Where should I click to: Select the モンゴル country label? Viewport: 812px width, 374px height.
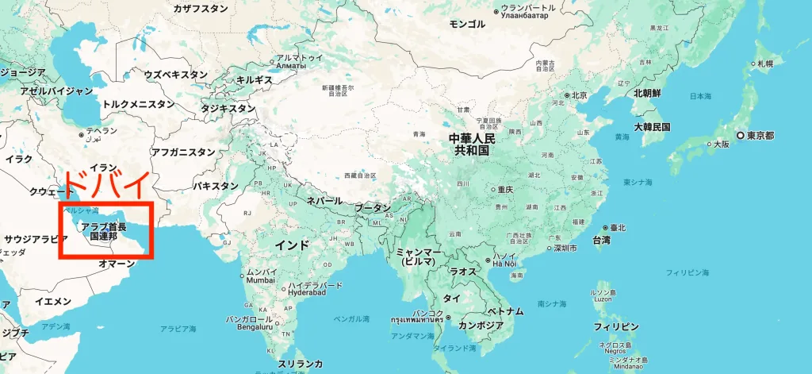[467, 24]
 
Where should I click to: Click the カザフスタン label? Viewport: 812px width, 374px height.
[201, 8]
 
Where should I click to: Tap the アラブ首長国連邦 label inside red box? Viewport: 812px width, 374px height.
[103, 231]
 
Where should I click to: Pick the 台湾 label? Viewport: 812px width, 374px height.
[601, 240]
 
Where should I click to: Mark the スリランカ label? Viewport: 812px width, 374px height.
[301, 363]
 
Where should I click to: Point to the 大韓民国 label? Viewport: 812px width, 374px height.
[652, 127]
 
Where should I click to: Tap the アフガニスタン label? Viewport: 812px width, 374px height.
[182, 152]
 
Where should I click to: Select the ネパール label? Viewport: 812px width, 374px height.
[324, 201]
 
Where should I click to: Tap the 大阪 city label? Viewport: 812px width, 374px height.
[720, 145]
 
